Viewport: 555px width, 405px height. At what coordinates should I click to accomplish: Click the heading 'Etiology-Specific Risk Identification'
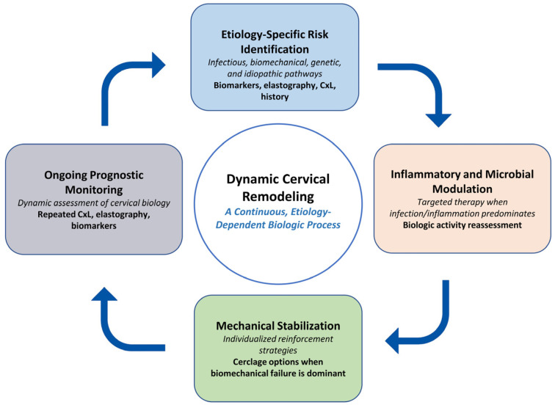(x=275, y=42)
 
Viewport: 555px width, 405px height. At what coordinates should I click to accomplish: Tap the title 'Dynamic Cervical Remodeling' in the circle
(x=278, y=188)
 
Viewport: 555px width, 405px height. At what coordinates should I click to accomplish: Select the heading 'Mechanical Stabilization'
(x=278, y=326)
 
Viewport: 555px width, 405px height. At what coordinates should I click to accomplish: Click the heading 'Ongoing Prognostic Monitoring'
(x=94, y=182)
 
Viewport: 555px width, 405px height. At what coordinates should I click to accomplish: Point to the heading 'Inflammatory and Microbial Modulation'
(x=462, y=181)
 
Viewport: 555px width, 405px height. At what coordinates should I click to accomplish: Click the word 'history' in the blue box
(x=275, y=97)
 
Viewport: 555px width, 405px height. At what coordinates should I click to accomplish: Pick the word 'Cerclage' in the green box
(x=248, y=362)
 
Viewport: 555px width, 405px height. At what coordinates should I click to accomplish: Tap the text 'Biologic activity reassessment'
(x=462, y=225)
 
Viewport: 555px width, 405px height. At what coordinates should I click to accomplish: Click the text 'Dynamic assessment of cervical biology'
(x=94, y=203)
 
